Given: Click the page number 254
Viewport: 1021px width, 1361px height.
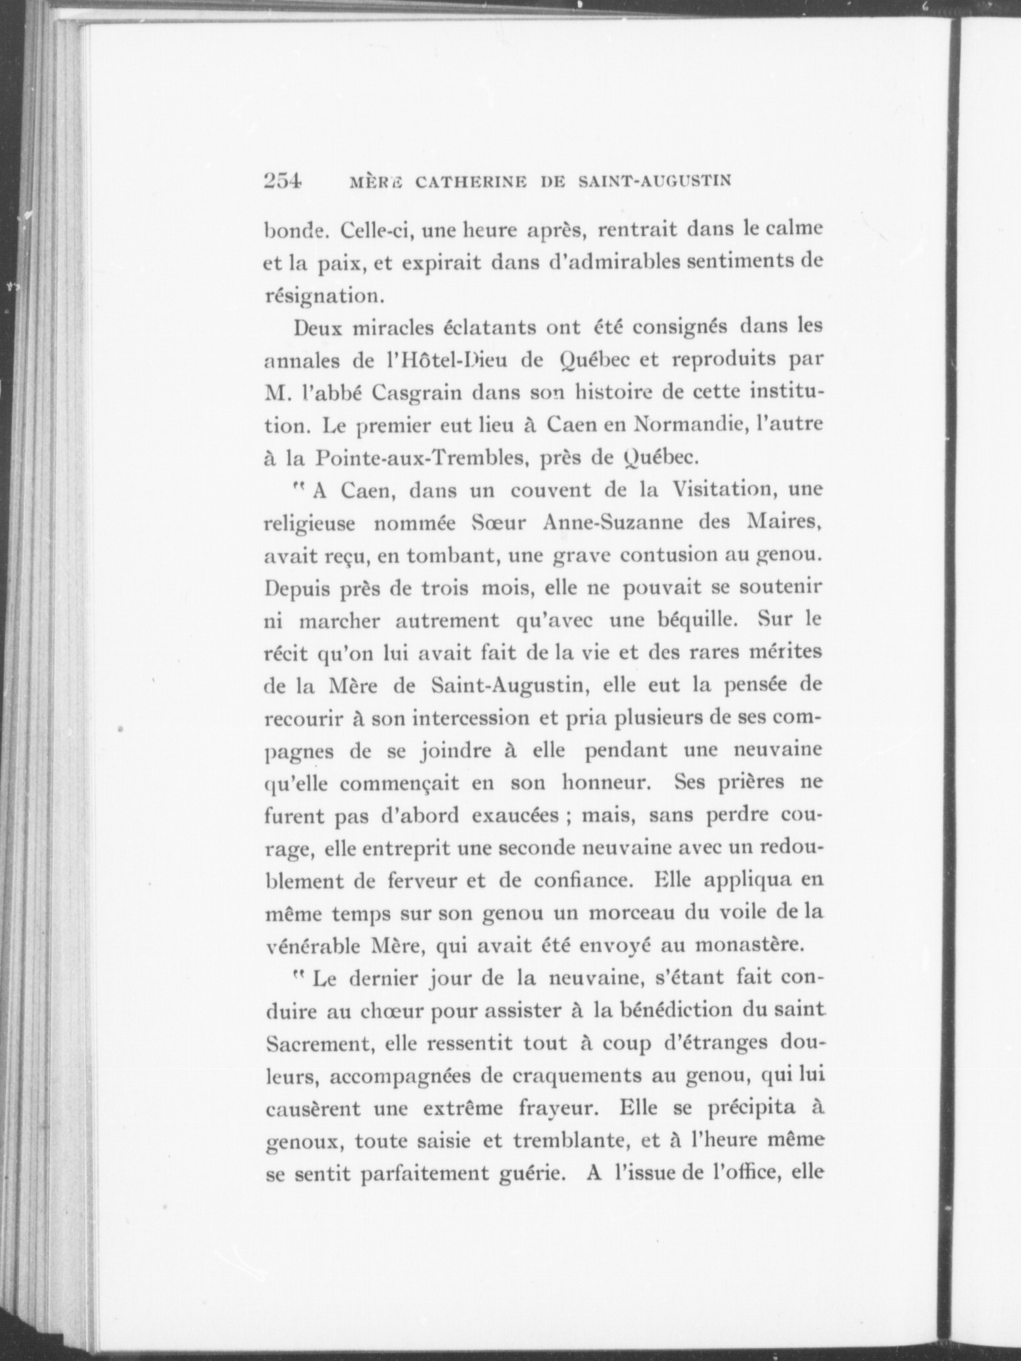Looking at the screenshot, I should pos(282,180).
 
